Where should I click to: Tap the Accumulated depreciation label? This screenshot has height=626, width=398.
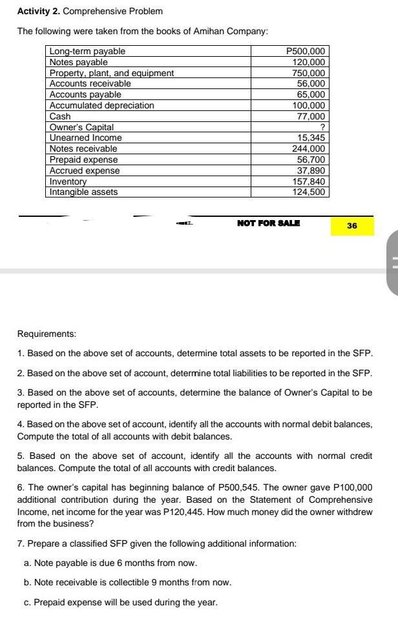[x=102, y=105]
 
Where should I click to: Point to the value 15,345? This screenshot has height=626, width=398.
[x=311, y=138]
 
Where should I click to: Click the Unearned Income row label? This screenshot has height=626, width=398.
[x=86, y=138]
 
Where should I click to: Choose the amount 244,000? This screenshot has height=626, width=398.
[x=309, y=148]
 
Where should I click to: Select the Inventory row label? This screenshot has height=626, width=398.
[x=68, y=181]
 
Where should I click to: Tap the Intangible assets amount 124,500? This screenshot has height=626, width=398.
[x=309, y=192]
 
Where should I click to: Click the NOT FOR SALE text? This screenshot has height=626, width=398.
[x=268, y=223]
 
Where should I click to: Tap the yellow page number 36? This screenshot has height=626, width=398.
[x=351, y=226]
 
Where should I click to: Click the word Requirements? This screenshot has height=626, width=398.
[x=47, y=334]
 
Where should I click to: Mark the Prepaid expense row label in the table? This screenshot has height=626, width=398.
[x=84, y=159]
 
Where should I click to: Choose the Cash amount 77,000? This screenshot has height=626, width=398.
[x=312, y=116]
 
